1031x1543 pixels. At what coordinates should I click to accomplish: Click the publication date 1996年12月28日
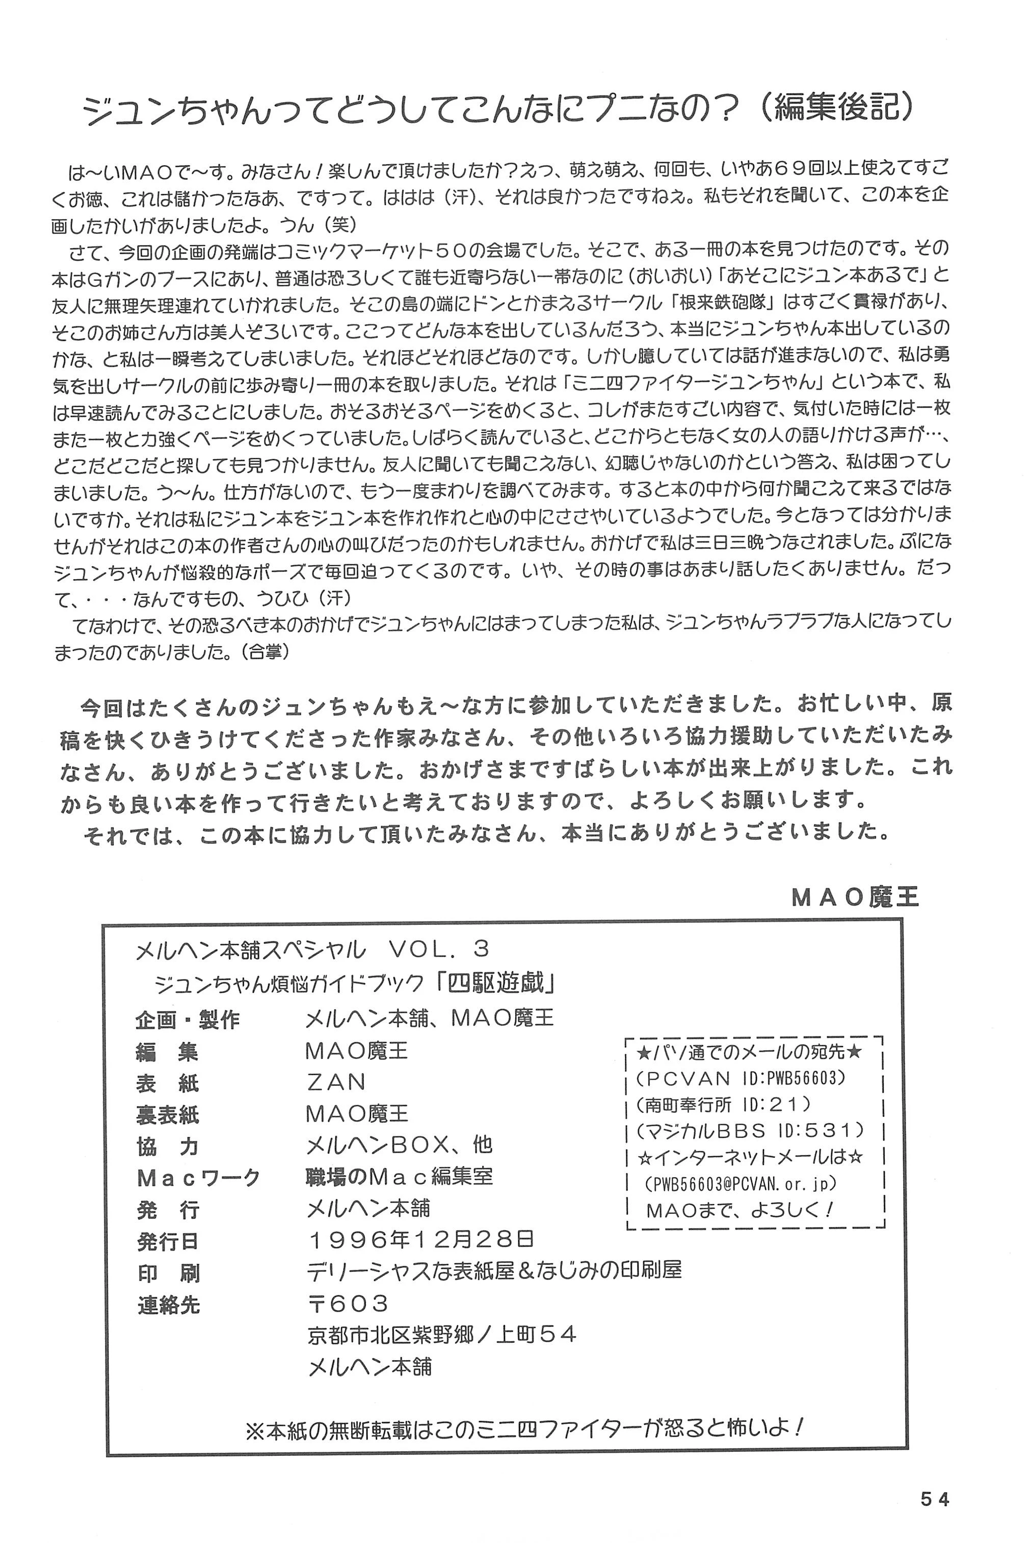(x=421, y=1239)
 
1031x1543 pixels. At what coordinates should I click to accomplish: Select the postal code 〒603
(x=348, y=1302)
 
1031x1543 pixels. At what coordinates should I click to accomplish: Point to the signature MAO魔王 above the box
(x=855, y=897)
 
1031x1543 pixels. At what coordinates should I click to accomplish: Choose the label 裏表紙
(x=168, y=1114)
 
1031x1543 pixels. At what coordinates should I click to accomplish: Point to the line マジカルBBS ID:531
(x=750, y=1130)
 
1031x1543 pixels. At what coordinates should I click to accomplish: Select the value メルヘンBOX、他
(x=399, y=1145)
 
